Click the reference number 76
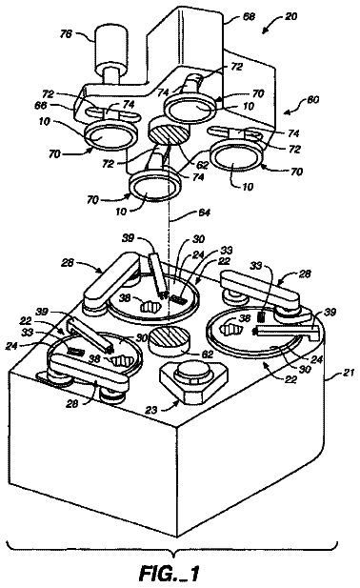coord(66,35)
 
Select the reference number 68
coord(250,17)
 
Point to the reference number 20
coord(290,16)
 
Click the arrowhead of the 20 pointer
coord(265,31)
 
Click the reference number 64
coord(204,213)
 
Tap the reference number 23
coord(151,410)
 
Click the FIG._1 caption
coord(169,573)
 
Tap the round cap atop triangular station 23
coord(194,372)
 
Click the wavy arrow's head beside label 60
coord(287,112)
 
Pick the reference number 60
coord(312,100)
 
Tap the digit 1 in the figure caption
coord(193,573)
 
